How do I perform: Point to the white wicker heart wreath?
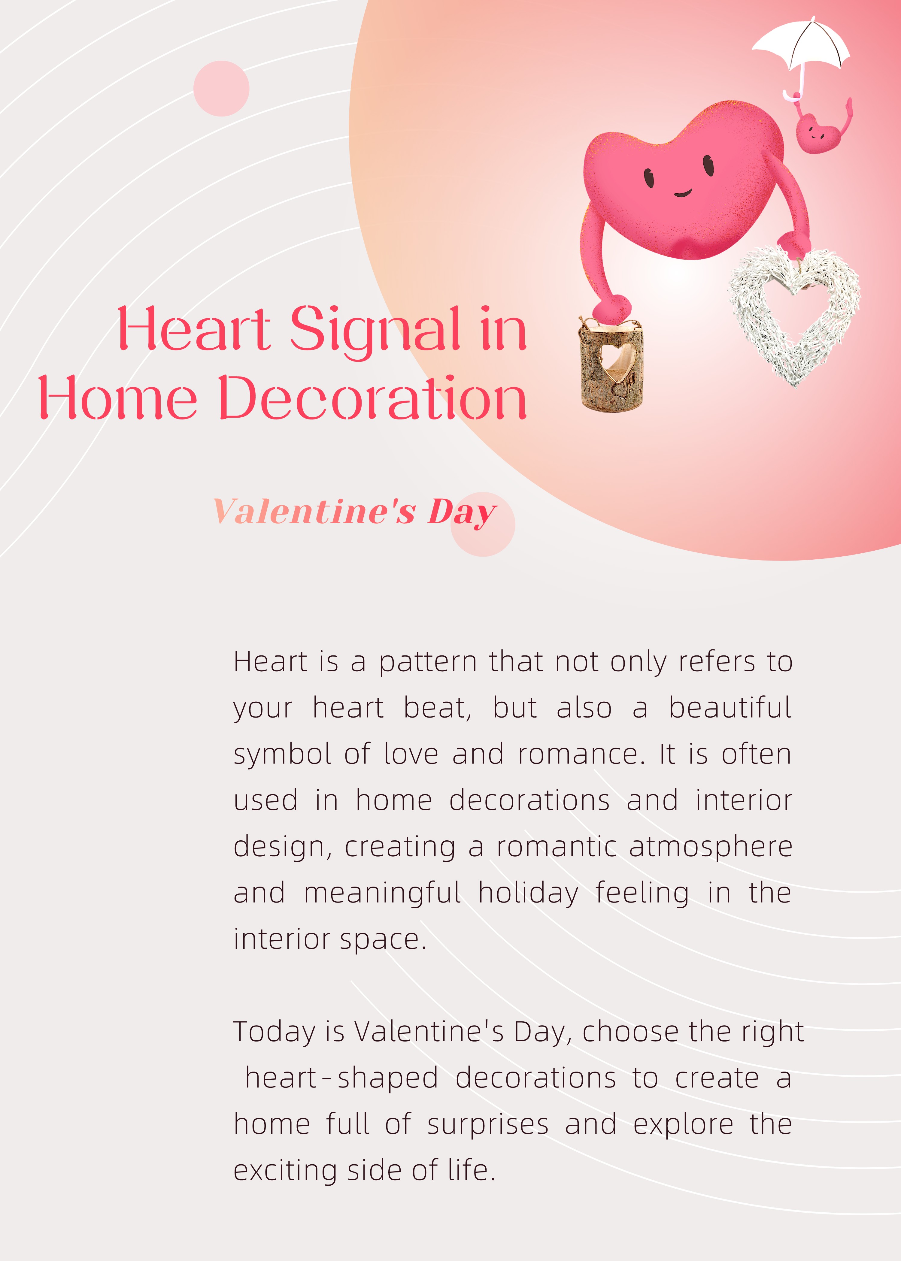794,316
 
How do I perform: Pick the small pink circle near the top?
221,88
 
